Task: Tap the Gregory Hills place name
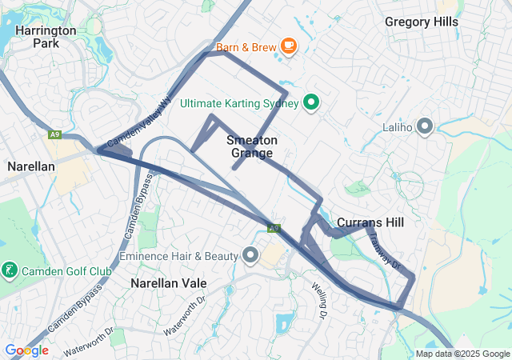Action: coord(422,22)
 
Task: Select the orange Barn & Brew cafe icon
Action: coord(289,47)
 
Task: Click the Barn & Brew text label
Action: coord(246,48)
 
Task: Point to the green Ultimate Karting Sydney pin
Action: coord(312,102)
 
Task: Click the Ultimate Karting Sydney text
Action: coord(239,103)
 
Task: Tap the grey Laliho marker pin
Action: coord(425,126)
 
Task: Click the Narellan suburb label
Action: coord(30,166)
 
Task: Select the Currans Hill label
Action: coord(370,222)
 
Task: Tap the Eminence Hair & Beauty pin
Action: coord(250,256)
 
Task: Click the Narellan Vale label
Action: coord(169,283)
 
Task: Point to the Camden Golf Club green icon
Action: coord(10,270)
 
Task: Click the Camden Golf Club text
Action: coord(66,270)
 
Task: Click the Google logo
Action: coord(26,350)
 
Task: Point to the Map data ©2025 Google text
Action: coord(462,354)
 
